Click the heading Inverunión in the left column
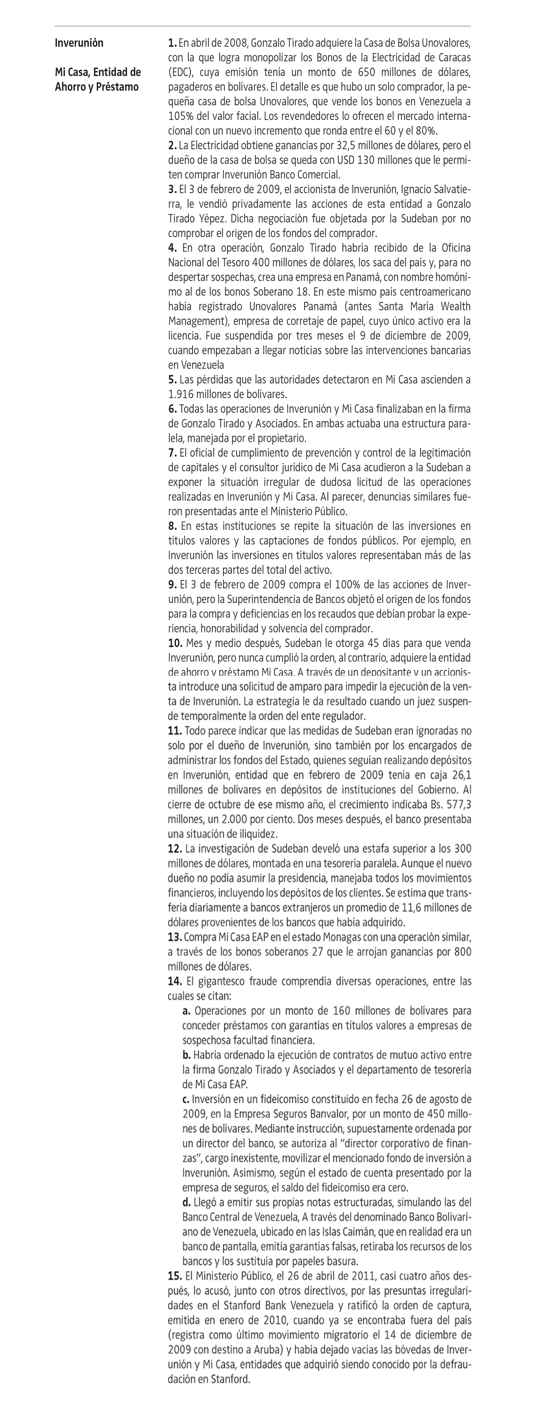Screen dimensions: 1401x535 tap(79, 43)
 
